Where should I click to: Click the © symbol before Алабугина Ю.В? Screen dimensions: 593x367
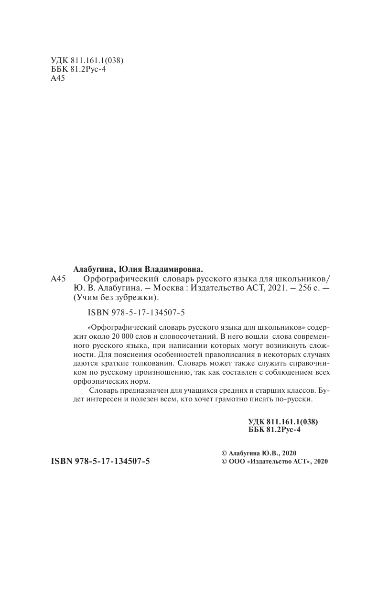pos(220,453)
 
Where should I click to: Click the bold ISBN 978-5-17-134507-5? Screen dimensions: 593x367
pos(100,463)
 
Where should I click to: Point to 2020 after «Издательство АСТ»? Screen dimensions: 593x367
pos(321,463)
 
